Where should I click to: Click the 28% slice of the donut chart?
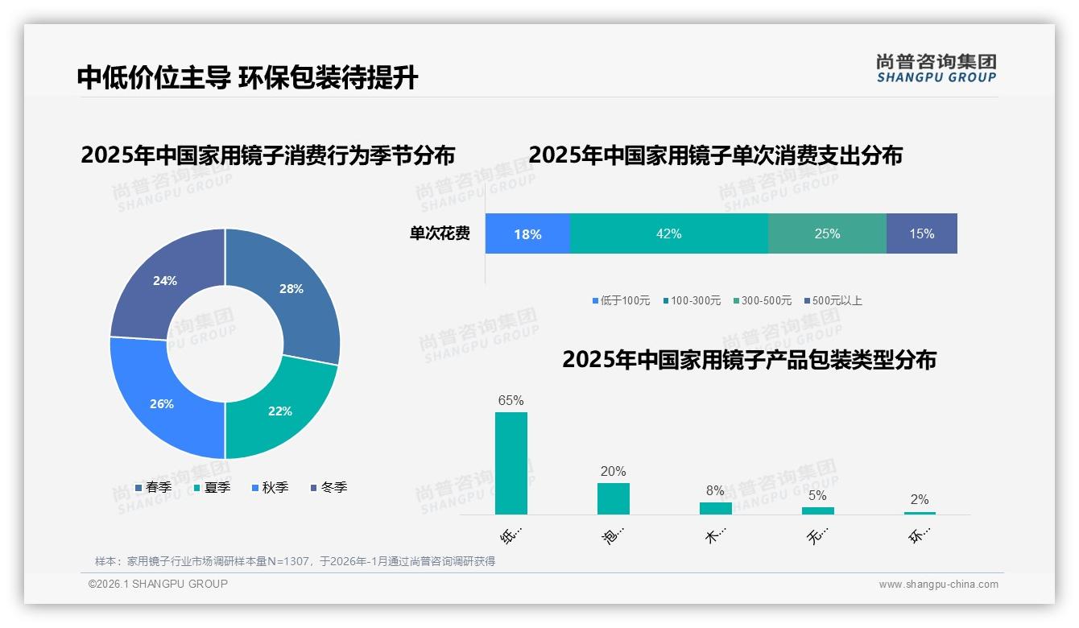click(290, 290)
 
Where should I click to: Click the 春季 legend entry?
click(153, 487)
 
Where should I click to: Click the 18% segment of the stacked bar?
click(527, 233)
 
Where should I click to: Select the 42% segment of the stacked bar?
click(668, 233)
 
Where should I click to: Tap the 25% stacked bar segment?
click(827, 233)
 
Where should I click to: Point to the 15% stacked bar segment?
click(922, 233)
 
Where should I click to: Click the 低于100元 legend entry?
click(621, 300)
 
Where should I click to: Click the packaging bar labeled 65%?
click(511, 463)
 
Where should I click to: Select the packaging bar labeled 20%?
click(614, 498)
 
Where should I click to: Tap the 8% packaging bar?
click(715, 508)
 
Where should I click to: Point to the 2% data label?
click(920, 499)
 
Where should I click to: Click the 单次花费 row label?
click(440, 233)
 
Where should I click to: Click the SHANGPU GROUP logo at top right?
click(936, 68)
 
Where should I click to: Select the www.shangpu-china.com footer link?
click(938, 585)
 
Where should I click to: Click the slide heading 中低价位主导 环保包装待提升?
click(248, 78)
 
